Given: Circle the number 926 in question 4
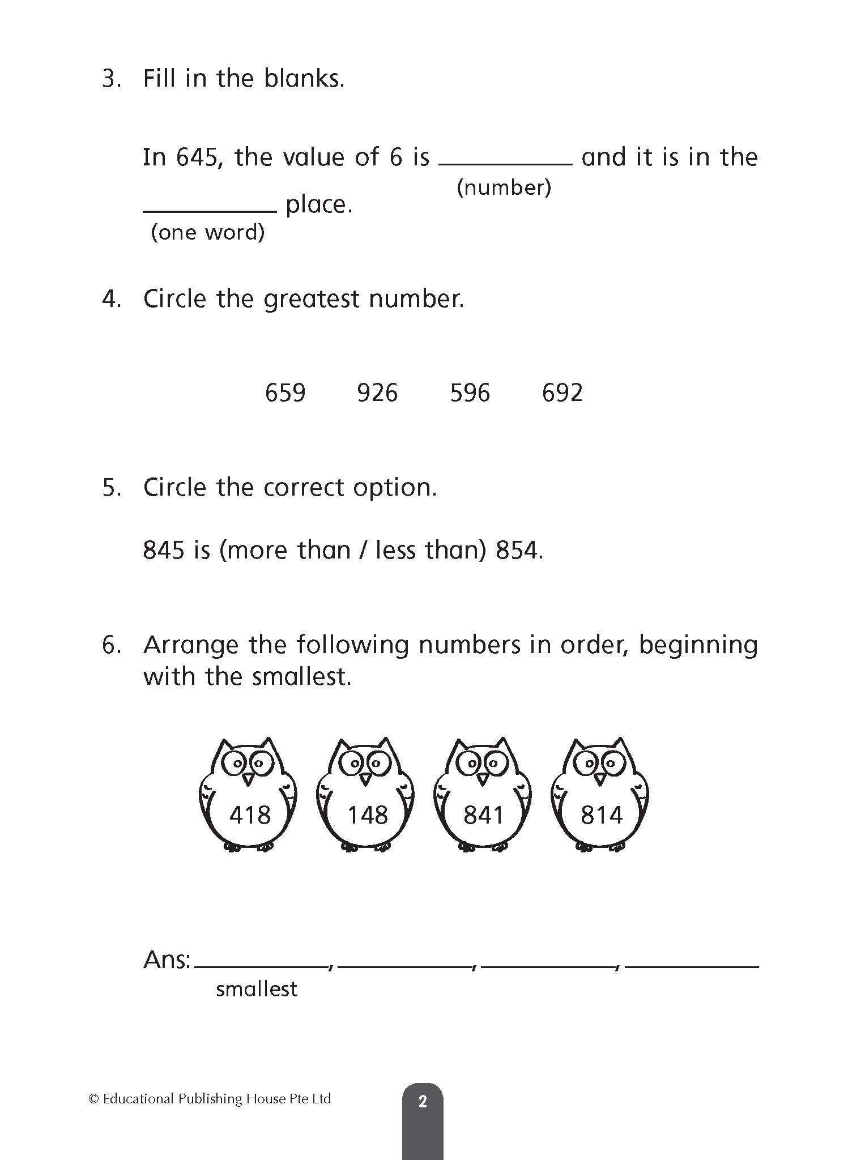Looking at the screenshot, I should (377, 393).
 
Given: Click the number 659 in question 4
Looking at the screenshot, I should (285, 393).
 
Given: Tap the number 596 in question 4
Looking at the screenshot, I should (470, 393).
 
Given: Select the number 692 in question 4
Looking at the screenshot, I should (562, 393).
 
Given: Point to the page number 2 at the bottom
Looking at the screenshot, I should (423, 1102).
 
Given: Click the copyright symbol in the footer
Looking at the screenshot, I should (94, 1099).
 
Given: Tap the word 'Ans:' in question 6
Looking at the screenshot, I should (167, 959).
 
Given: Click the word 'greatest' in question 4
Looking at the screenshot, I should (312, 299).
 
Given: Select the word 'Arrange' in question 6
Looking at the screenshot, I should (191, 645).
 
